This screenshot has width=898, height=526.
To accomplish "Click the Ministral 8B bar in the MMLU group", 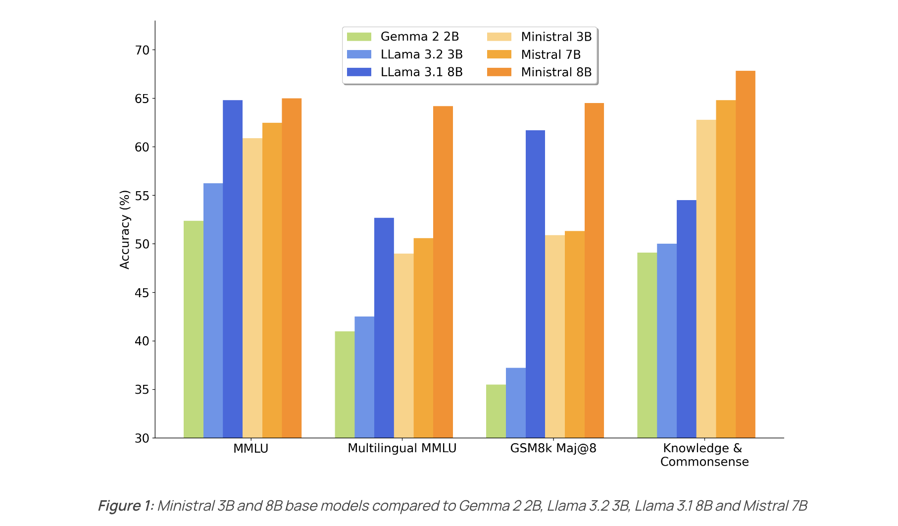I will point(292,268).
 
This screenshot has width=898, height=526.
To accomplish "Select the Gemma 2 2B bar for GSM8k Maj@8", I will point(496,411).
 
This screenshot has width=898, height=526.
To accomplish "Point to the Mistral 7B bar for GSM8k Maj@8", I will point(574,334).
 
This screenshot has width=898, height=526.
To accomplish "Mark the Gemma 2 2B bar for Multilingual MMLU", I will point(345,384).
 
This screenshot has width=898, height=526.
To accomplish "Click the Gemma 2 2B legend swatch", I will point(359,37).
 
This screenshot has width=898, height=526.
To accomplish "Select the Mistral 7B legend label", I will point(550,54).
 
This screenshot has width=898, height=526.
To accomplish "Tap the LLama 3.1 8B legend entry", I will point(421,72).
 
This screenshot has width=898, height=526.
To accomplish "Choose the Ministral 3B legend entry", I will point(556,37).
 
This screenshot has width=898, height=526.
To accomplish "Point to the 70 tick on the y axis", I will point(142,50).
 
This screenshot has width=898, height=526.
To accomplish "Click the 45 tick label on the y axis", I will point(142,293).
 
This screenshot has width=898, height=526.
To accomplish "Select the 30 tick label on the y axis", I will point(142,438).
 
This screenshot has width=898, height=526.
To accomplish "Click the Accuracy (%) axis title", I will point(125,229).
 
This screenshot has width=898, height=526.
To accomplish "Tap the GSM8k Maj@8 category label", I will point(553,448).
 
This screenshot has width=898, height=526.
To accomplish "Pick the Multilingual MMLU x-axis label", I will point(402,448).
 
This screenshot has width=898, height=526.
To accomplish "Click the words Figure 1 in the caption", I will point(126,506).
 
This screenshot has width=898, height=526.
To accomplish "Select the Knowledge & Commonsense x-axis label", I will point(704,455).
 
